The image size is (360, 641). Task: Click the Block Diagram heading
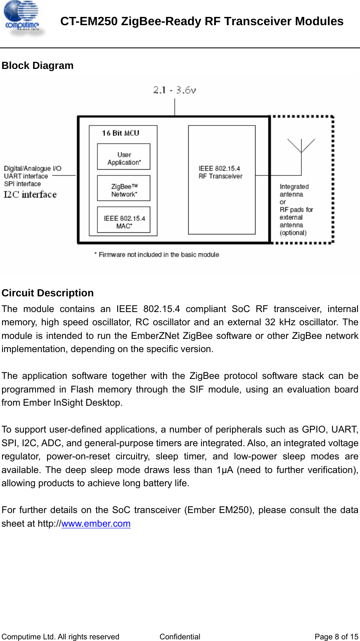38,66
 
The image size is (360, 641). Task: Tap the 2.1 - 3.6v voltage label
174,90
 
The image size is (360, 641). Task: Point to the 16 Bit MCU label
121,133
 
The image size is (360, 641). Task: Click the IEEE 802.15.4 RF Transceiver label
220,172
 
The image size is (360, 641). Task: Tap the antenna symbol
301,147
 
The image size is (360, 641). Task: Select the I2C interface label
30,194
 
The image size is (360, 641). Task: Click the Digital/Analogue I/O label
33,168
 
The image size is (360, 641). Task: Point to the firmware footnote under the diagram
156,255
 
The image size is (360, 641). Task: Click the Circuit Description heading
47,293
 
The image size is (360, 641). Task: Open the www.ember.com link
96,523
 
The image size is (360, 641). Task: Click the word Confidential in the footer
180,636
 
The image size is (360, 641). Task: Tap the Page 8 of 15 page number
336,636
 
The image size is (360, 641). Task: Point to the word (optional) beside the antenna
293,233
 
